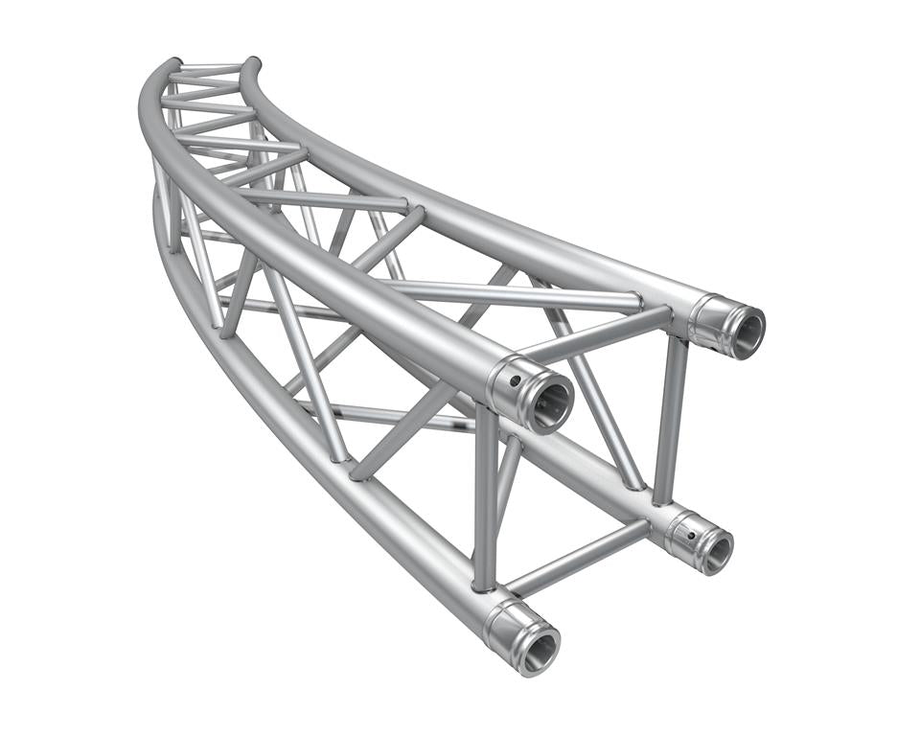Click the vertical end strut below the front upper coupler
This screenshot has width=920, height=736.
(487, 498)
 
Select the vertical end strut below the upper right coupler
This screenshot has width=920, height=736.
(671, 417)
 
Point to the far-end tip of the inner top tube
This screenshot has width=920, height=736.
(251, 63)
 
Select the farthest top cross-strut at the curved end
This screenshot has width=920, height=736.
(209, 69)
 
